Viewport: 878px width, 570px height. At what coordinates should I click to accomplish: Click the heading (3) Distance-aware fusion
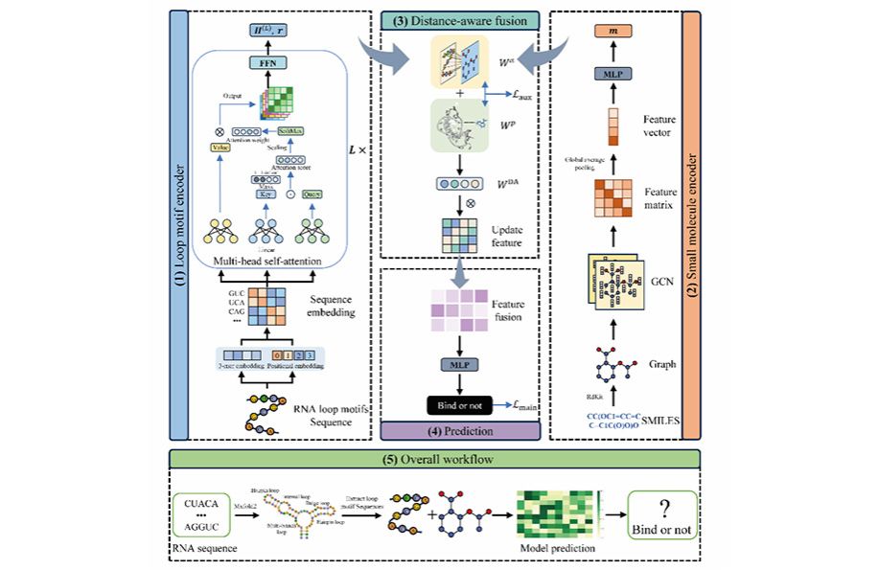point(459,18)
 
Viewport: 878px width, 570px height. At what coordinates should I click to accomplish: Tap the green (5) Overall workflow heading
point(438,460)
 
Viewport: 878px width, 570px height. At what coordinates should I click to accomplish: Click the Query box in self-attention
point(312,193)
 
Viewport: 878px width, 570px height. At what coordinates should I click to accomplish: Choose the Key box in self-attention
point(266,193)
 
